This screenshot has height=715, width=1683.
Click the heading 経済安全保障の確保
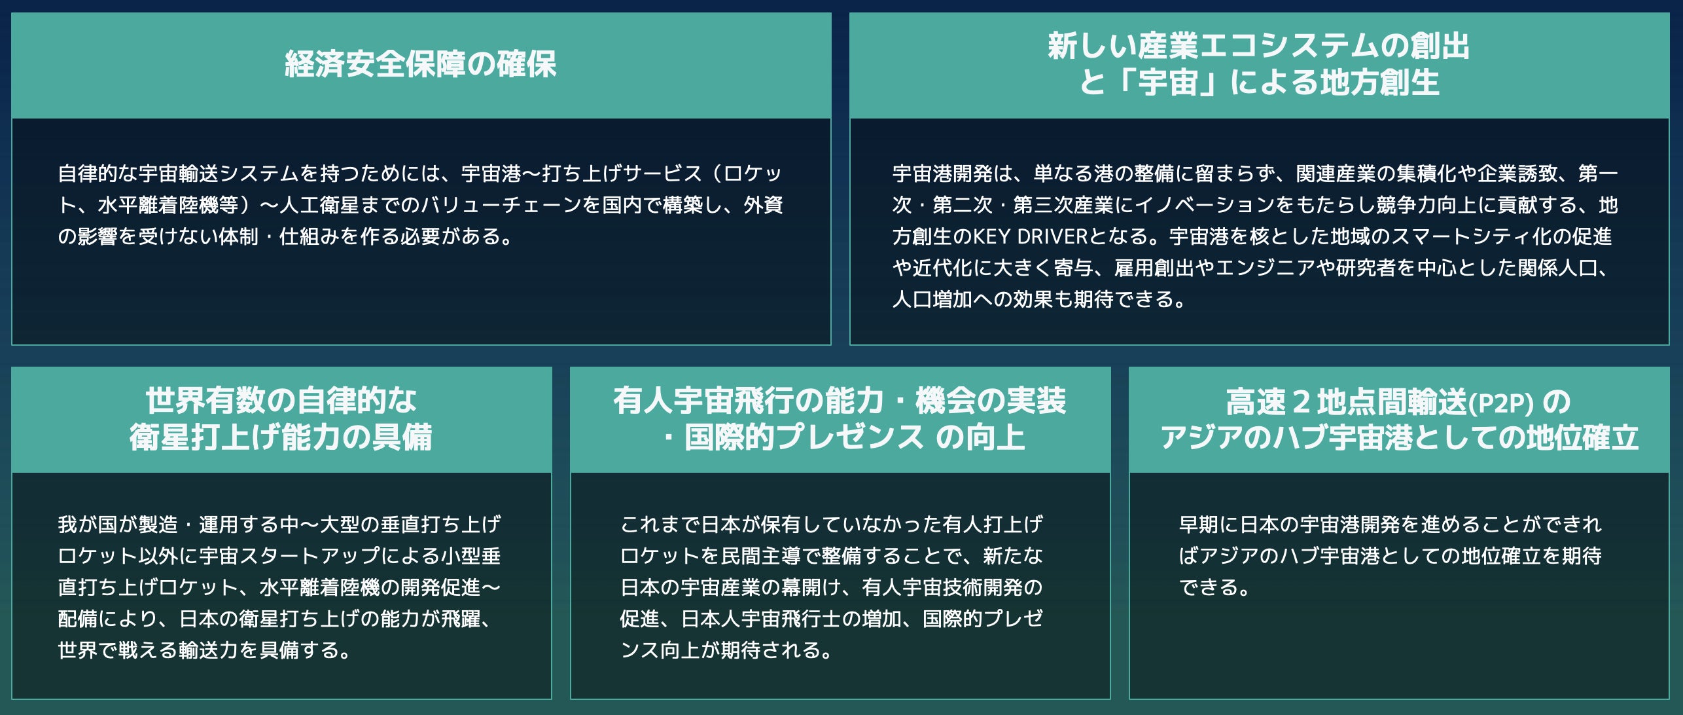click(x=421, y=64)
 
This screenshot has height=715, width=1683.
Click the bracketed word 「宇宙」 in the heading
click(x=1167, y=83)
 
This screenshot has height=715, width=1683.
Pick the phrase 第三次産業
click(x=1063, y=205)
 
